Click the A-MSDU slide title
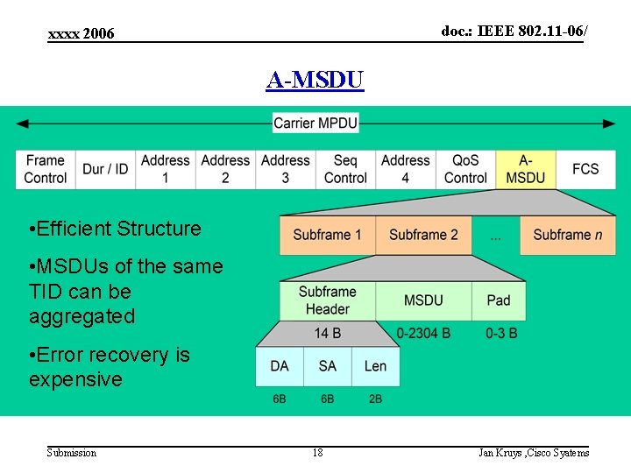pyautogui.click(x=315, y=81)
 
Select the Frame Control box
pyautogui.click(x=45, y=169)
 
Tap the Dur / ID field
pyautogui.click(x=105, y=169)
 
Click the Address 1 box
pyautogui.click(x=165, y=169)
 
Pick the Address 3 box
pyautogui.click(x=285, y=169)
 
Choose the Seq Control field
pyautogui.click(x=345, y=169)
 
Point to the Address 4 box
pyautogui.click(x=405, y=169)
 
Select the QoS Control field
pyautogui.click(x=465, y=169)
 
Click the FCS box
pyautogui.click(x=585, y=169)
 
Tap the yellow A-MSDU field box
pyautogui.click(x=526, y=169)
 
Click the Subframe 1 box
pyautogui.click(x=327, y=235)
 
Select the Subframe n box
pyautogui.click(x=567, y=235)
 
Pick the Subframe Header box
pyautogui.click(x=327, y=300)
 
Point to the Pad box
pyautogui.click(x=498, y=300)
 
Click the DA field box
pyautogui.click(x=279, y=366)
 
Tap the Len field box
pyautogui.click(x=375, y=366)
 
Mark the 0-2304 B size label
pyautogui.click(x=423, y=333)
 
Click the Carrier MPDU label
pyautogui.click(x=315, y=124)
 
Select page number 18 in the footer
pyautogui.click(x=317, y=452)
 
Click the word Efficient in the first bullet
pyautogui.click(x=74, y=229)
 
